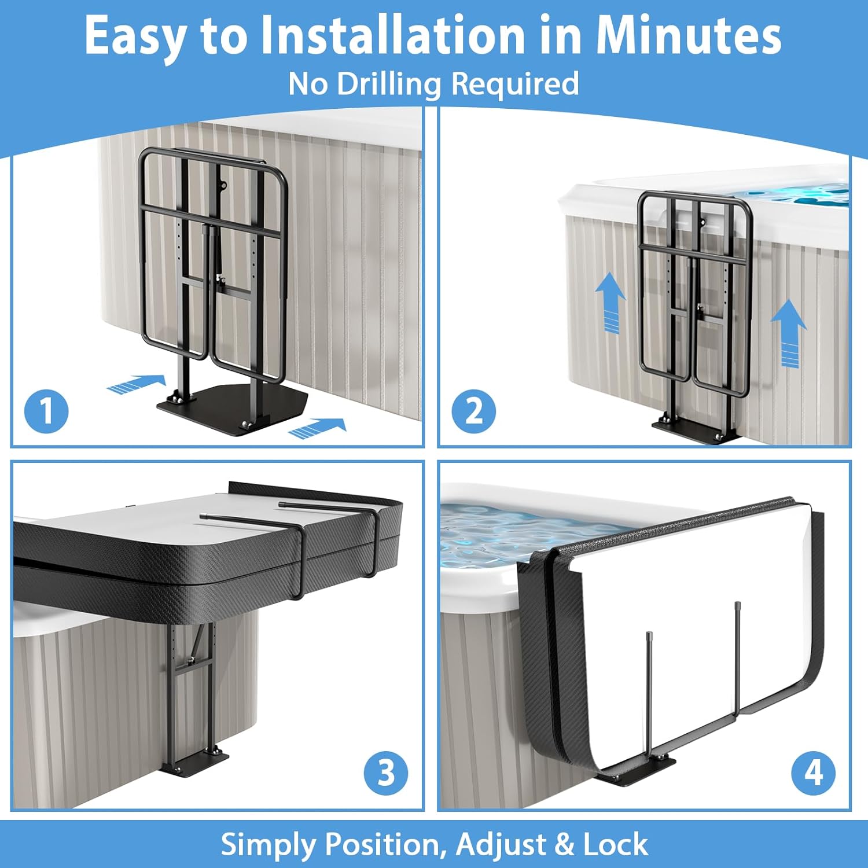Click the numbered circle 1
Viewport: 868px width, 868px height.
pyautogui.click(x=46, y=411)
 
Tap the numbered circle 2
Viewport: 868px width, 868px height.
pyautogui.click(x=474, y=411)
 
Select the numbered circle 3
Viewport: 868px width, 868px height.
pyautogui.click(x=386, y=773)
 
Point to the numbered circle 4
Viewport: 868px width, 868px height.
pyautogui.click(x=814, y=773)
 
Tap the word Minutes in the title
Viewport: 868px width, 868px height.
pyautogui.click(x=689, y=36)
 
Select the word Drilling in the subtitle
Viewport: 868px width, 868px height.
pyautogui.click(x=389, y=84)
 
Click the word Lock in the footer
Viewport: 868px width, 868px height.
pyautogui.click(x=616, y=844)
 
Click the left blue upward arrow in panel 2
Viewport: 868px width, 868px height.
pyautogui.click(x=610, y=303)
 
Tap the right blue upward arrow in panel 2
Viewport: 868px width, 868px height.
pyautogui.click(x=789, y=333)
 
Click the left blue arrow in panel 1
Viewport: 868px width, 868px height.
pyautogui.click(x=137, y=384)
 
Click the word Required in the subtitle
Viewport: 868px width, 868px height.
pyautogui.click(x=515, y=84)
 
